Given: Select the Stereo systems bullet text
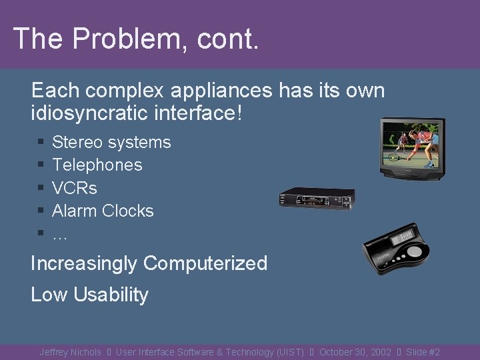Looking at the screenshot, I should click(111, 142).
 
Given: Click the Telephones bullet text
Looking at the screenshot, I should click(97, 165).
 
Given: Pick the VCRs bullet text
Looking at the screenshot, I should click(75, 188).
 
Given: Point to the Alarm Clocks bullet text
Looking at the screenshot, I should click(103, 211).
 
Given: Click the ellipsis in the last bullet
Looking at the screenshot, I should click(60, 233).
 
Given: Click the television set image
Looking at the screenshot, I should click(411, 148).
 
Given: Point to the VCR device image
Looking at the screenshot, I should click(316, 198).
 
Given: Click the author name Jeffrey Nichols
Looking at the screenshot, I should click(70, 352).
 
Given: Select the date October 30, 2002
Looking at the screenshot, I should click(355, 352).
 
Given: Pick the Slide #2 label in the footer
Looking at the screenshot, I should click(423, 352).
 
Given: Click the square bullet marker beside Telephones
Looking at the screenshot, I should click(41, 165).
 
